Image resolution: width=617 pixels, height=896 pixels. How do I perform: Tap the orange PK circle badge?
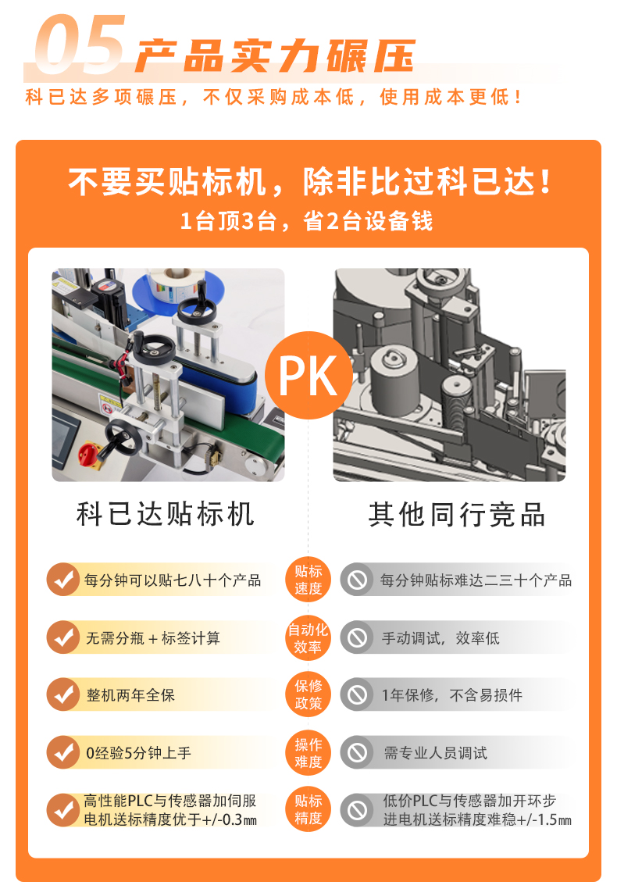point(308,376)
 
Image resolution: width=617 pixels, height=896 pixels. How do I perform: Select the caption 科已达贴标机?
point(166,514)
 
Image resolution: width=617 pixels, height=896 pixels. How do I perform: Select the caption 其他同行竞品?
point(457,514)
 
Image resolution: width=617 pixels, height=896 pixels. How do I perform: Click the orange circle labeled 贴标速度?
point(308,580)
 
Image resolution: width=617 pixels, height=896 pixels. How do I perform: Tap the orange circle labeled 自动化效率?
point(308,637)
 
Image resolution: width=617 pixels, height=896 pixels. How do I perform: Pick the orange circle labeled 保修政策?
point(308,694)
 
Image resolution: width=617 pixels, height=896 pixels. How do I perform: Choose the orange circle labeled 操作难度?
point(308,752)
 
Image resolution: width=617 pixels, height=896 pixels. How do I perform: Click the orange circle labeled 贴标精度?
point(308,809)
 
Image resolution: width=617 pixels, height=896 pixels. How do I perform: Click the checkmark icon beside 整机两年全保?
point(62,694)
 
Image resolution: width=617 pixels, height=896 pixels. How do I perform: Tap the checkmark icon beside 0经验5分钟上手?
point(62,752)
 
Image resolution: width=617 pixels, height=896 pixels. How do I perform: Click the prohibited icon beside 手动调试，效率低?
point(358,637)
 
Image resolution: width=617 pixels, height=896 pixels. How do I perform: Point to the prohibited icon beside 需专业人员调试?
point(358,752)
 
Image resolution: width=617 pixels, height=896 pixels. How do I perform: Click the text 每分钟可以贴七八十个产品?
point(173,580)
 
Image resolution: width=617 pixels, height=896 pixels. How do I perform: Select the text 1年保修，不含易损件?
point(452,694)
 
